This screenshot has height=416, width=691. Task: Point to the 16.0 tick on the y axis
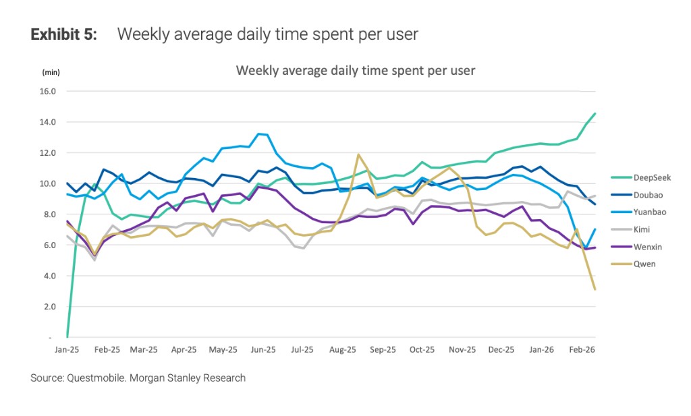click(x=49, y=91)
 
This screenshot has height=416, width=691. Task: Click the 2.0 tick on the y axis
click(x=51, y=306)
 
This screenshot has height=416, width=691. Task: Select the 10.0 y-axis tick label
click(x=49, y=183)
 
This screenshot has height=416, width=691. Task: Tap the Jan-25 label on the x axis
click(x=67, y=350)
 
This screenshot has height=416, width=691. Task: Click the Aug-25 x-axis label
click(x=342, y=350)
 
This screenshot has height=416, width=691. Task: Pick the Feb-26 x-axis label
click(x=582, y=350)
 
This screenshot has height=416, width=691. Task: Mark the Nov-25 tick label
click(x=462, y=350)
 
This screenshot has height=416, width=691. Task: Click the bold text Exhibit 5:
click(x=63, y=35)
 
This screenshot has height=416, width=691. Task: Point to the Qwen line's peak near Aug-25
click(x=359, y=154)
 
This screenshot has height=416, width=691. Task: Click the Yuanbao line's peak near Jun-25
click(x=259, y=133)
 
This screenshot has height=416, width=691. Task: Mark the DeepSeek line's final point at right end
click(x=595, y=113)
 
